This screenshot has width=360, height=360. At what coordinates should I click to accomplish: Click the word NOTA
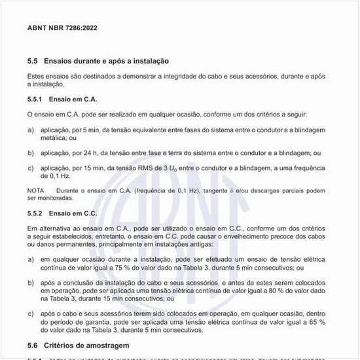click(36, 190)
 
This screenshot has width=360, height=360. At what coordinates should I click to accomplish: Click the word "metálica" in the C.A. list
click(56, 138)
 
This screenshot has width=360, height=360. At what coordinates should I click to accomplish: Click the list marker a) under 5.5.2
click(31, 260)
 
